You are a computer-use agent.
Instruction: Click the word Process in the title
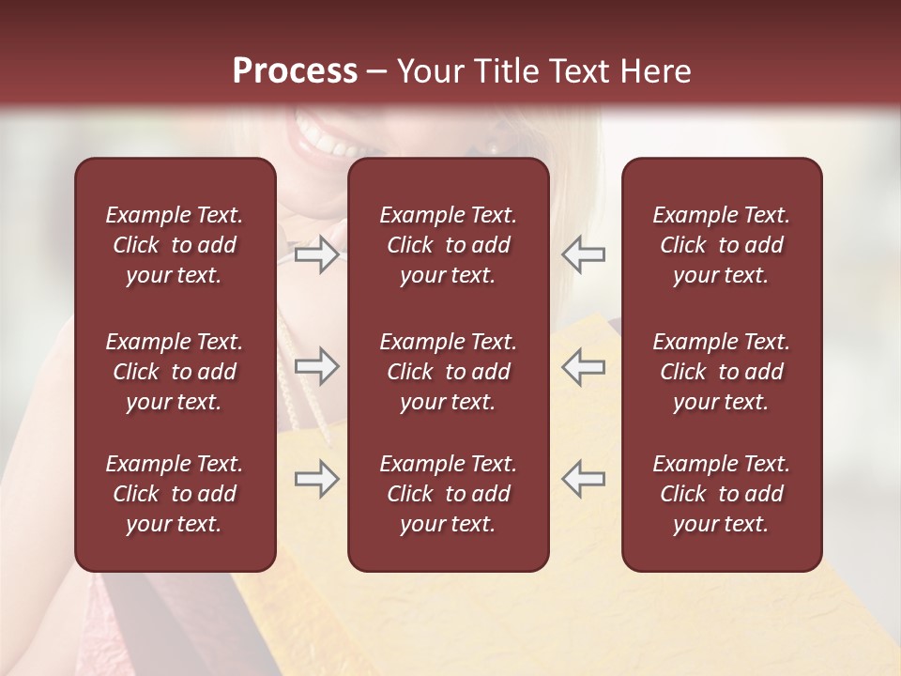pos(295,71)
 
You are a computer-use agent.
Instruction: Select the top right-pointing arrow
pos(316,254)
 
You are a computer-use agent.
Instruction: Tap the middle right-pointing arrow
pos(316,366)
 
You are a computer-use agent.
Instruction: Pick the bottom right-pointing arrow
pos(316,480)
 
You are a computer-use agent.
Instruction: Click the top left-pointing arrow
pos(584,254)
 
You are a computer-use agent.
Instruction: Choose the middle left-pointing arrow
pos(584,366)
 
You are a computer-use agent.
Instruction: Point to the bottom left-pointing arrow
pos(584,480)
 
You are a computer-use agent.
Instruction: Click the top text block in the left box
pos(175,245)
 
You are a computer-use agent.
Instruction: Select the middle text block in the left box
pos(175,372)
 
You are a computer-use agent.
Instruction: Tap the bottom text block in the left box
pos(175,494)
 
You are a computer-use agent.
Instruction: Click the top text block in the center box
pos(449,245)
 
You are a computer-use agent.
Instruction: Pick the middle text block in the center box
pos(449,372)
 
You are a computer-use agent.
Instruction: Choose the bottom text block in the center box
pos(449,494)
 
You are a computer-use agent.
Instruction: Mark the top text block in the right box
pos(722,245)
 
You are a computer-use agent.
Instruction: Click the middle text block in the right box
pos(722,372)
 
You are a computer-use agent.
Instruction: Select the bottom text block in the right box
pos(722,494)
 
